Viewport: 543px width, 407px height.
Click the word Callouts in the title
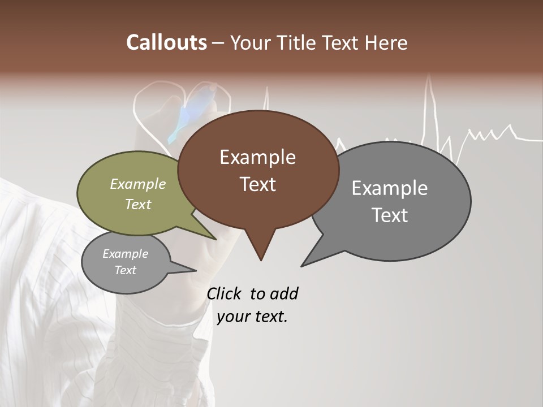(x=166, y=42)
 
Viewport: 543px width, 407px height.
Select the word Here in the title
(x=386, y=43)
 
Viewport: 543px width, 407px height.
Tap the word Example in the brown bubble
(x=257, y=157)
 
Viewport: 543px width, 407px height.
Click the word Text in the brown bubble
(x=257, y=184)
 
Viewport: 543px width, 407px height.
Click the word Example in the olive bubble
(x=137, y=184)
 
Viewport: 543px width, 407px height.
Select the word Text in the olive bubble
(x=137, y=204)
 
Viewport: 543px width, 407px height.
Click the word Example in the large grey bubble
(x=389, y=188)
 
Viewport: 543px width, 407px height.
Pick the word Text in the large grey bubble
(x=390, y=215)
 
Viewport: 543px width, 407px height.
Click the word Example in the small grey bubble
(x=125, y=254)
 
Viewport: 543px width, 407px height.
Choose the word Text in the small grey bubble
(x=125, y=270)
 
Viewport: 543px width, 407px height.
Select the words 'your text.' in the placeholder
(x=252, y=317)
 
